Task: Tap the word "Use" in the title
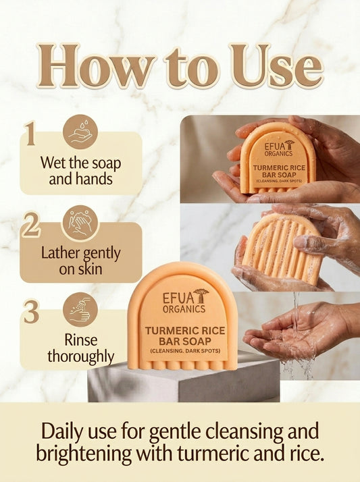(274, 67)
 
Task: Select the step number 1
(30, 134)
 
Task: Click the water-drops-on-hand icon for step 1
(80, 131)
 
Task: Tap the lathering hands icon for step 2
(80, 222)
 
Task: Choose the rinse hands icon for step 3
(80, 309)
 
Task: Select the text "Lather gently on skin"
(81, 261)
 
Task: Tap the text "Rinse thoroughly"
(81, 348)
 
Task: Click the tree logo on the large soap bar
(201, 296)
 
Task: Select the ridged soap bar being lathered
(282, 246)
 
